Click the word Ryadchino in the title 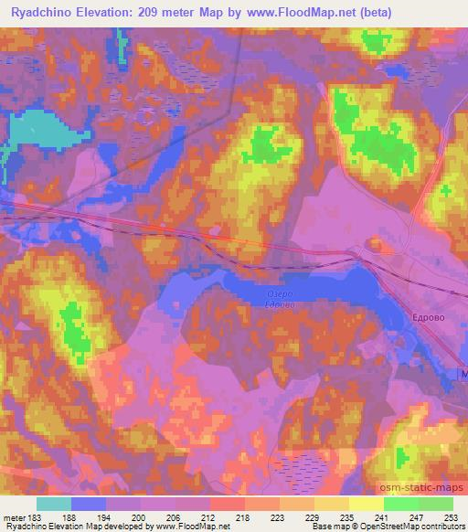(x=47, y=11)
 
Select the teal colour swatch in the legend (x=54, y=504)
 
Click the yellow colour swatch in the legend (x=367, y=504)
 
